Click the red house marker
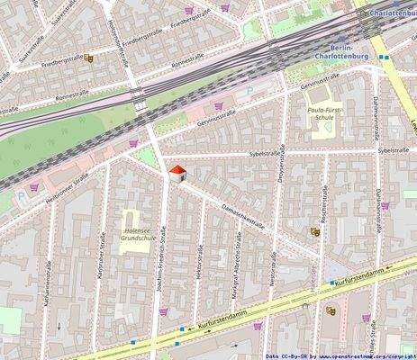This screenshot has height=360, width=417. pyautogui.click(x=177, y=173)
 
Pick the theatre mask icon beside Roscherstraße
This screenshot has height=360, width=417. pyautogui.click(x=315, y=231)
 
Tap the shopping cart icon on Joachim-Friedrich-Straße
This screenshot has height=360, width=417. pyautogui.click(x=163, y=311)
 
